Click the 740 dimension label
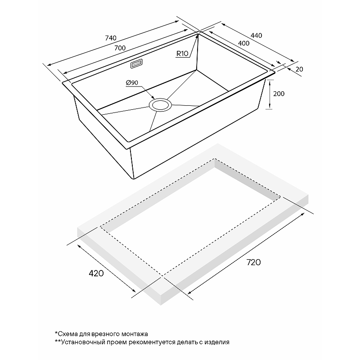pos(111,38)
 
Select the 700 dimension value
pos(120,48)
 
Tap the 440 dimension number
pos(256,36)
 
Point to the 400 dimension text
pos(243,43)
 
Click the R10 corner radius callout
pos(182,54)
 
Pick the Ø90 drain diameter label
pos(132,83)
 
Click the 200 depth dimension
pos(279,94)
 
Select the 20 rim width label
pos(299,69)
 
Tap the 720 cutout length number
pos(253,262)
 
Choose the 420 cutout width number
pos(96,273)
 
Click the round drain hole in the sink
pos(160,105)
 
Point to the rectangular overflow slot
pos(136,63)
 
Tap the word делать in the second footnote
pos(187,342)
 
